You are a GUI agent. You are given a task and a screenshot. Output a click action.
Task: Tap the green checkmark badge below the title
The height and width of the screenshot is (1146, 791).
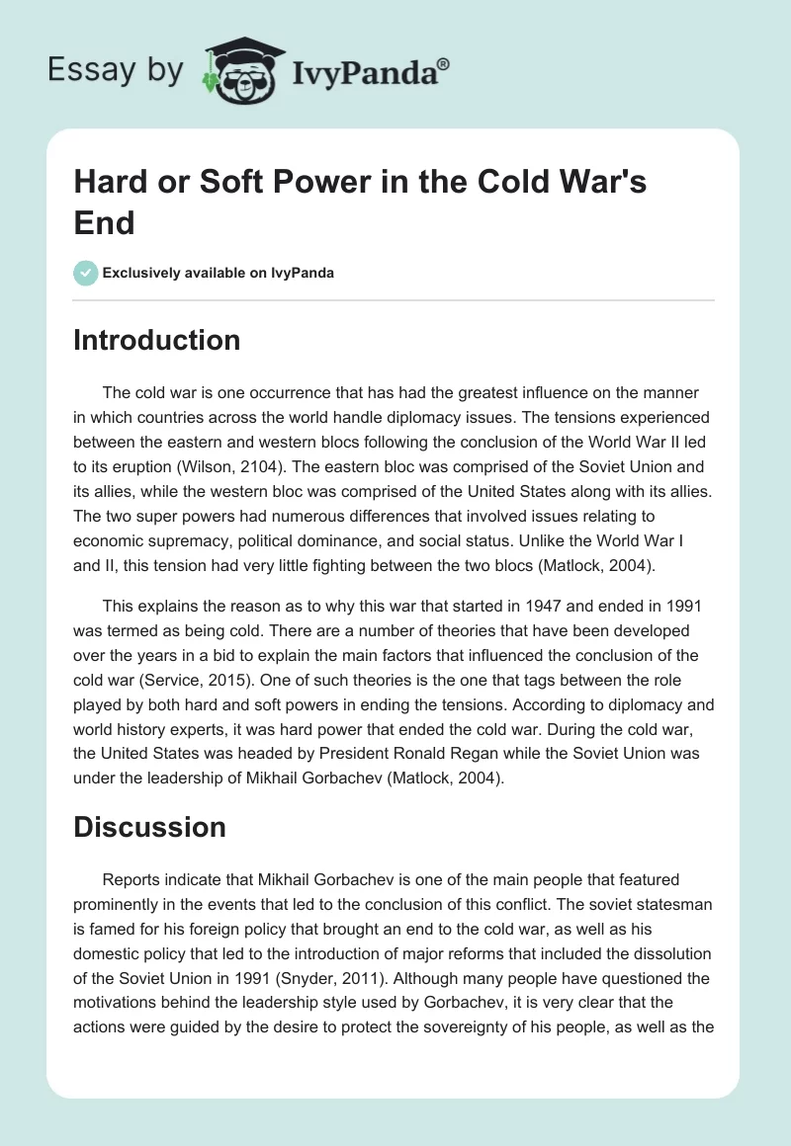86,273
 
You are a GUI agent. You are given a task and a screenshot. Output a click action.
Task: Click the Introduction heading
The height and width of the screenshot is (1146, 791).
157,340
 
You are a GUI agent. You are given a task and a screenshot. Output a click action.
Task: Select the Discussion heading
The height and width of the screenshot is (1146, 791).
149,826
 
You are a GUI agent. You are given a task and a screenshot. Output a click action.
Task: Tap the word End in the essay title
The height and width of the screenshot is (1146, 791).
104,223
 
